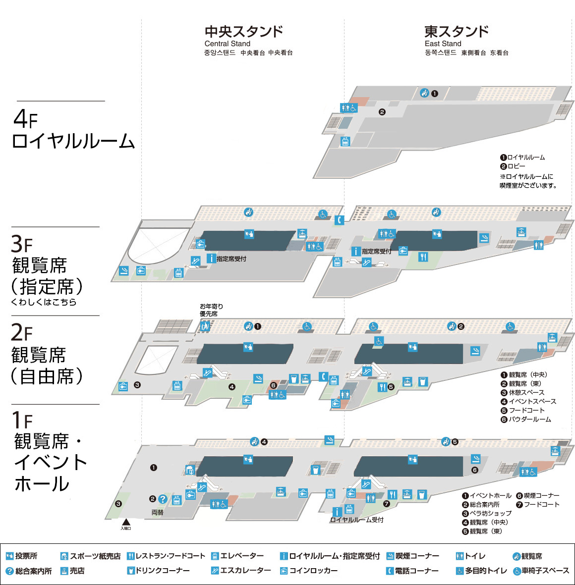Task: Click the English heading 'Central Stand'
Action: click(228, 44)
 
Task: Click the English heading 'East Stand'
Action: click(443, 44)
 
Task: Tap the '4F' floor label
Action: click(25, 119)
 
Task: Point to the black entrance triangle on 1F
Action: click(126, 522)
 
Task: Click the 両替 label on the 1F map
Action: click(157, 513)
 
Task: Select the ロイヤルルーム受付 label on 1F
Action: click(356, 520)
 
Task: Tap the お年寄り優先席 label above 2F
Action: click(211, 310)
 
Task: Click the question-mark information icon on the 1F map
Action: click(163, 499)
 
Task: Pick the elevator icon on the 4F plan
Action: click(345, 142)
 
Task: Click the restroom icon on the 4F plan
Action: click(349, 108)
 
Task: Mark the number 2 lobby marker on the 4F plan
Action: click(382, 112)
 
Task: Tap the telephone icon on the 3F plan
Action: click(340, 220)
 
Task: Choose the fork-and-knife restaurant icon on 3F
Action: click(423, 257)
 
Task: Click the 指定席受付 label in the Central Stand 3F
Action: click(231, 259)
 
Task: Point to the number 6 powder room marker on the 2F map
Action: click(273, 385)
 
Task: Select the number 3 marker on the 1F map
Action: click(118, 504)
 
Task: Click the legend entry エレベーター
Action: click(237, 556)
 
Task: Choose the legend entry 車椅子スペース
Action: click(541, 571)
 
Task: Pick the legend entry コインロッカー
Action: click(309, 571)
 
